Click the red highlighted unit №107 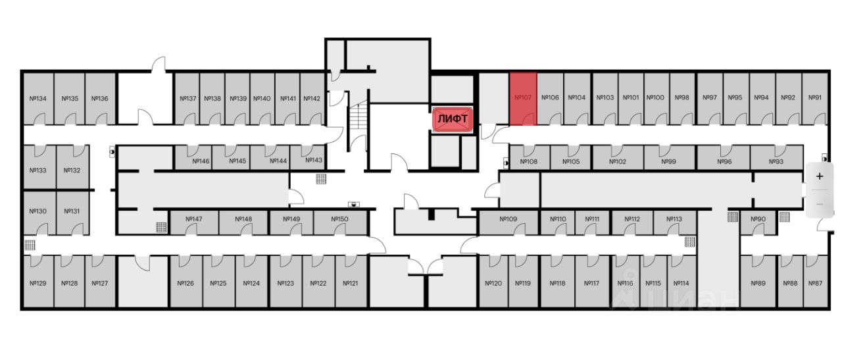pyautogui.click(x=523, y=98)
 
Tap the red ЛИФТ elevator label pyautogui.click(x=453, y=119)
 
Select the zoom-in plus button pyautogui.click(x=820, y=176)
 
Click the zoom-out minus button pyautogui.click(x=820, y=203)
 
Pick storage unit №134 pyautogui.click(x=38, y=99)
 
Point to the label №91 pyautogui.click(x=814, y=98)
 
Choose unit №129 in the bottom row pyautogui.click(x=38, y=283)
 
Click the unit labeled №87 pyautogui.click(x=814, y=283)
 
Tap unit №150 pyautogui.click(x=339, y=219)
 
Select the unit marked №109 pyautogui.click(x=508, y=219)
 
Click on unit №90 pyautogui.click(x=758, y=219)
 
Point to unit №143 pyautogui.click(x=314, y=161)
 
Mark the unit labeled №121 pyautogui.click(x=350, y=283)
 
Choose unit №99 pyautogui.click(x=669, y=161)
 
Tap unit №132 pyautogui.click(x=72, y=170)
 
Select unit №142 pyautogui.click(x=312, y=99)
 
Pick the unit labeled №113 pyautogui.click(x=674, y=219)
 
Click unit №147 pyautogui.click(x=193, y=219)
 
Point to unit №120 pyautogui.click(x=493, y=283)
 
